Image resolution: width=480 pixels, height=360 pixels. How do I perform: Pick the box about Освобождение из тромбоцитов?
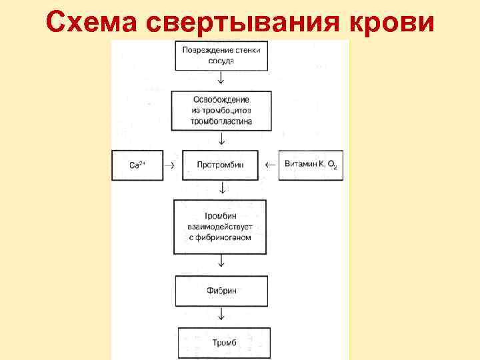point(222,111)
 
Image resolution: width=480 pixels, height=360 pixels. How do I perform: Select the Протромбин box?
point(222,164)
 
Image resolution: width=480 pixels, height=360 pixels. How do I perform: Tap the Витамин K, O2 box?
point(311,164)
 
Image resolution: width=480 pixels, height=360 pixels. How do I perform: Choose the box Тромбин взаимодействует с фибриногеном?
point(222,227)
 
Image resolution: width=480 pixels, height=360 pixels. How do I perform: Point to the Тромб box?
point(222,343)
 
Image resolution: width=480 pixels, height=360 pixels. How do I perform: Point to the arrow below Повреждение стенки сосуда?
point(222,79)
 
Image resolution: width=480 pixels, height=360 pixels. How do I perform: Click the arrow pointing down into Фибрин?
point(222,265)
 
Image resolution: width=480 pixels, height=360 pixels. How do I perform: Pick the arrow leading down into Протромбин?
point(222,139)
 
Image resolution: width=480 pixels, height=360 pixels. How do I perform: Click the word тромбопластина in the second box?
point(222,122)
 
